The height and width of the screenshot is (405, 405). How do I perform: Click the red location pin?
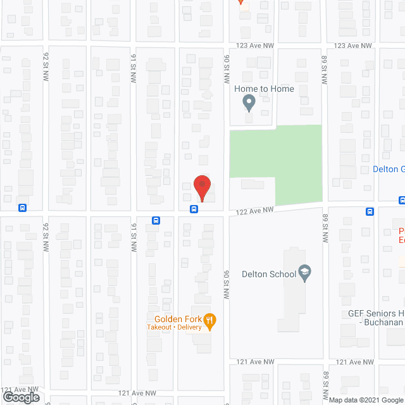tap(201, 187)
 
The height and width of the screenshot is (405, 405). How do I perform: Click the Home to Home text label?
tap(264, 89)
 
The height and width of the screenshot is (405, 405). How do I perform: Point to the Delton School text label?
tap(269, 274)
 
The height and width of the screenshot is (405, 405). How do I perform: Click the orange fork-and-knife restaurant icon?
tap(211, 320)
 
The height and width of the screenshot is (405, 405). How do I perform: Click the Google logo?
tap(20, 397)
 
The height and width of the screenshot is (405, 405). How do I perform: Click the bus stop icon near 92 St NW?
tap(22, 208)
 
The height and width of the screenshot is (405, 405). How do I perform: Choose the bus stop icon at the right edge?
tap(402, 200)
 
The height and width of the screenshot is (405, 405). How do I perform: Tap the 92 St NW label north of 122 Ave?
tap(46, 66)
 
